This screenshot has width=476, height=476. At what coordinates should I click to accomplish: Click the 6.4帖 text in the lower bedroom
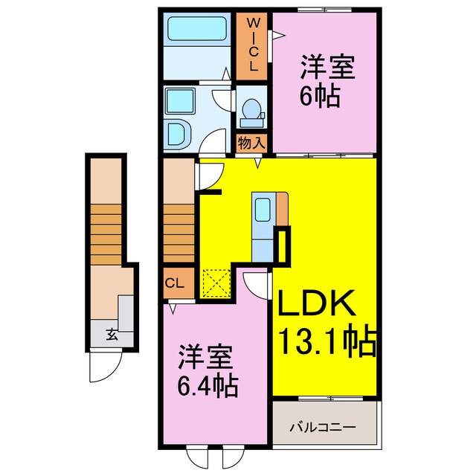208,386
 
